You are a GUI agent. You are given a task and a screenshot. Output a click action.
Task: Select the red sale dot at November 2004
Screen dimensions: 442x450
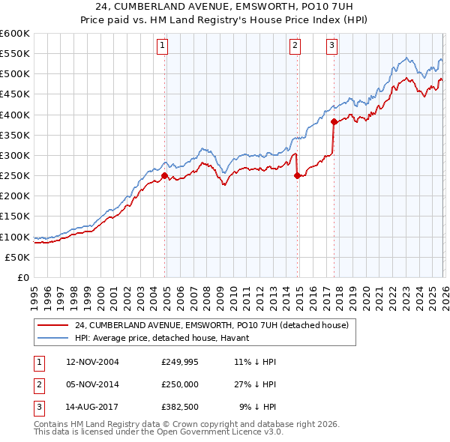tap(164, 175)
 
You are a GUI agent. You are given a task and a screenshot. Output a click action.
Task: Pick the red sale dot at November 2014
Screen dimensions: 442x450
tap(297, 175)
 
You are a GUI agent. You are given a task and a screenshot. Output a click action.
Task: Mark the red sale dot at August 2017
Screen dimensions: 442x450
tap(334, 121)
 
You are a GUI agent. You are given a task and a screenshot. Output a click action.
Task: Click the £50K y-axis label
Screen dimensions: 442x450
tap(18, 257)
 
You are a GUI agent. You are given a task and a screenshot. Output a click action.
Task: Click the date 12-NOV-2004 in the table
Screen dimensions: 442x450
tap(92, 362)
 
